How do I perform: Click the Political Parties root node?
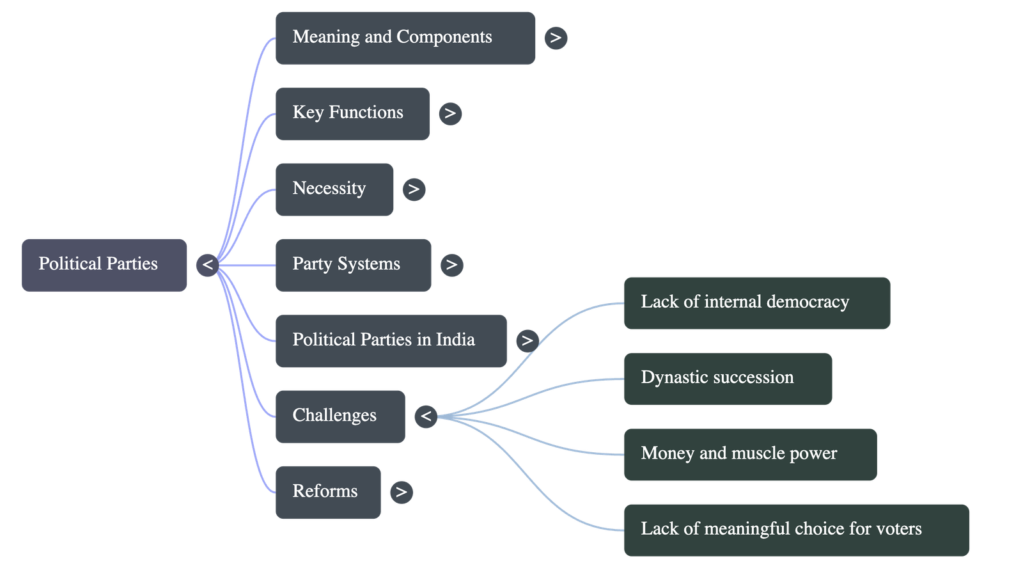pos(104,265)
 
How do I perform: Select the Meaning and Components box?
pos(405,38)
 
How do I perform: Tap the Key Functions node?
pos(352,114)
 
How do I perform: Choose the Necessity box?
pos(334,189)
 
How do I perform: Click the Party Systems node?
pos(353,265)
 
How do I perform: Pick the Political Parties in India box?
pos(391,340)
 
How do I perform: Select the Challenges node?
pos(340,416)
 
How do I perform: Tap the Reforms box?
pos(328,492)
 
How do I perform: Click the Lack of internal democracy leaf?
pos(756,303)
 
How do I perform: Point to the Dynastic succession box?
pos(728,379)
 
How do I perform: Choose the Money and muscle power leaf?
pos(749,454)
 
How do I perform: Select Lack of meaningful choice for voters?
pos(796,530)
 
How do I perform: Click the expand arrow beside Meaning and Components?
pos(556,38)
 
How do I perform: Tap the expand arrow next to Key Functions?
pos(450,113)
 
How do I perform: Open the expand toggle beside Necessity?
pos(414,189)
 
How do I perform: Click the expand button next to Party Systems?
pos(451,264)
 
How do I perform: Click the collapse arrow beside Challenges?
pos(426,416)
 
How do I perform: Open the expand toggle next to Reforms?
pos(401,492)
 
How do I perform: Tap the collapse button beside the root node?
pos(208,265)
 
